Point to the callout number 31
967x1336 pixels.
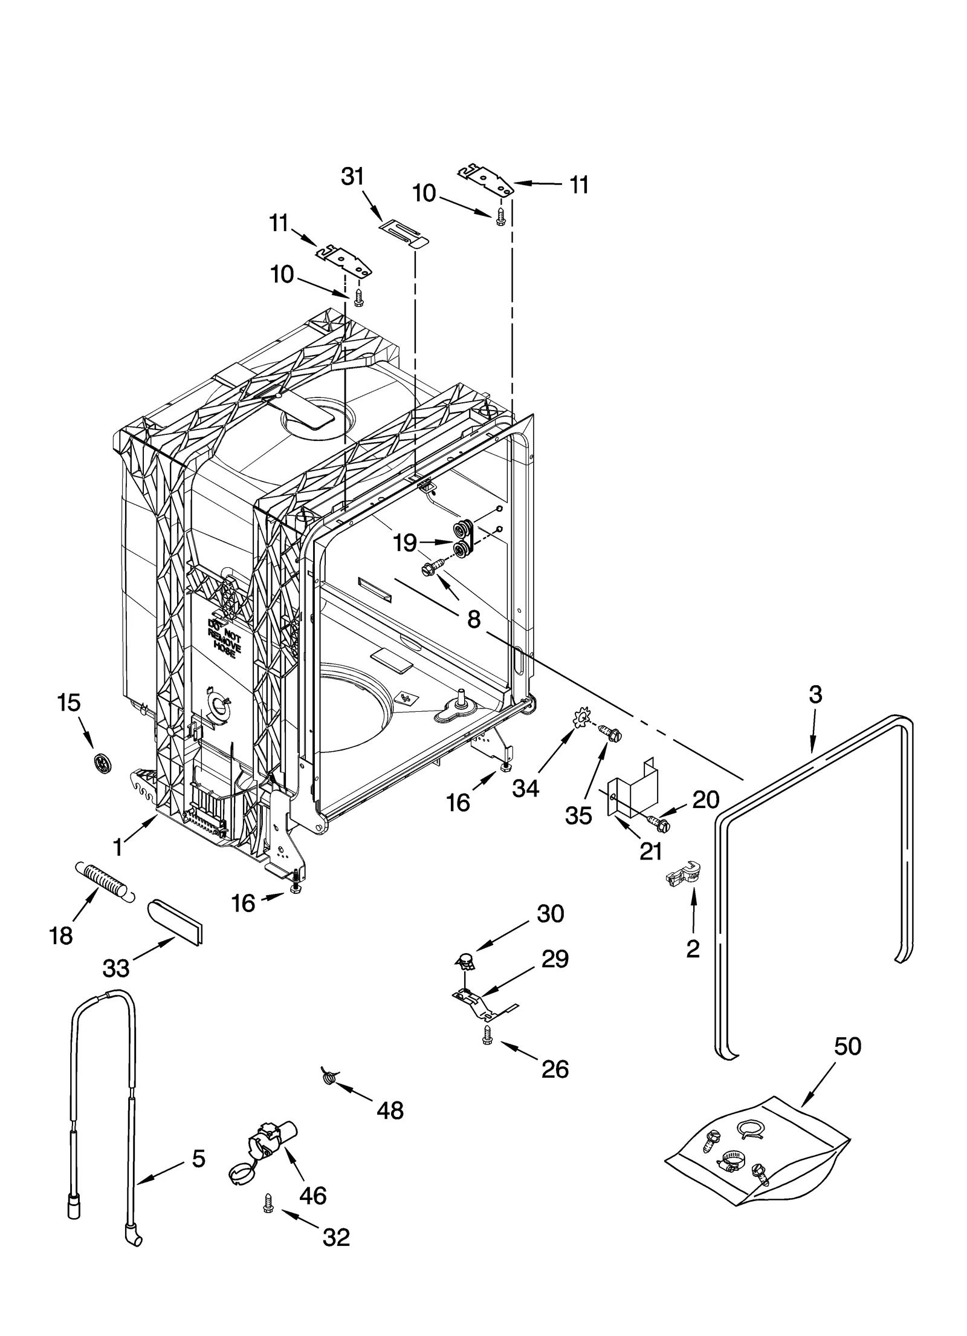pyautogui.click(x=353, y=177)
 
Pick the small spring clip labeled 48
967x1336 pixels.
pyautogui.click(x=328, y=1075)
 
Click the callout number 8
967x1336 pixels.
pyautogui.click(x=473, y=619)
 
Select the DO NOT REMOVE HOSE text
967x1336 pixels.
pyautogui.click(x=224, y=635)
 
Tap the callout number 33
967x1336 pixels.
pyautogui.click(x=116, y=969)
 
